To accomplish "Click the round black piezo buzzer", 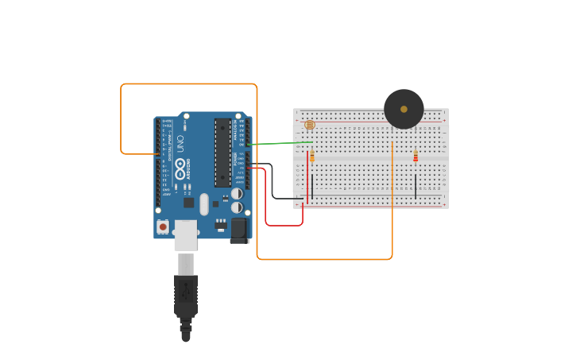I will point(404,109).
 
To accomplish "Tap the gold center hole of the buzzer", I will point(404,109).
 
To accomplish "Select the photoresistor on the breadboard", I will point(310,125).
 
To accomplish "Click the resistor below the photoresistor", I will point(312,157).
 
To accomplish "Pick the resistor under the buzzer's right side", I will point(416,157).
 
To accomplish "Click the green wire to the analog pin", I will point(278,143).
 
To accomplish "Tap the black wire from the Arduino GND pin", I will point(273,183).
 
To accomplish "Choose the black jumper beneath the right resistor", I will point(416,187).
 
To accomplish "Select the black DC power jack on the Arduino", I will point(238,230).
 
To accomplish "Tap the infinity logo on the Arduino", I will point(180,169).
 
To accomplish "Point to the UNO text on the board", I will point(180,145).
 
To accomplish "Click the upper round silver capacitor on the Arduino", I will point(237,193).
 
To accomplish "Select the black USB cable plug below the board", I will point(185,298).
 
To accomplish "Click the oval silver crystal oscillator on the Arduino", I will point(204,204).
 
